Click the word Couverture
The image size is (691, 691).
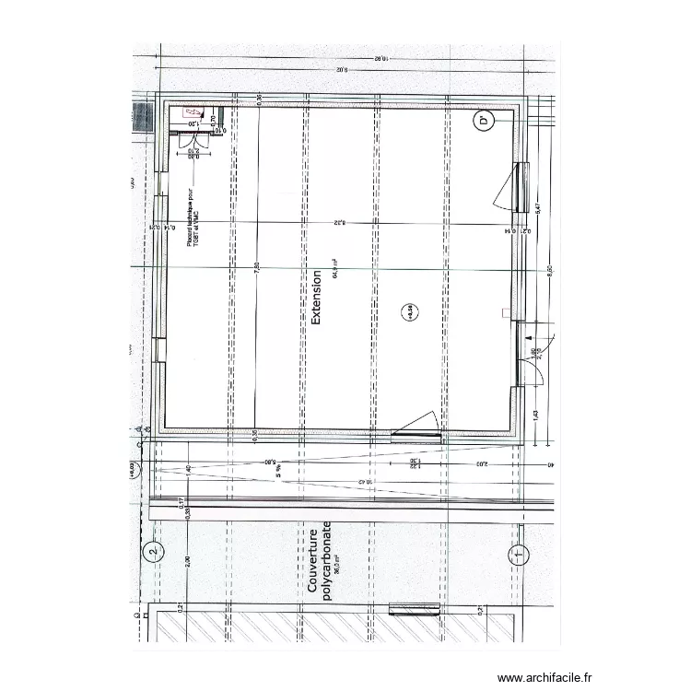[x=313, y=559]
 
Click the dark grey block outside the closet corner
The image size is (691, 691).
[x=143, y=119]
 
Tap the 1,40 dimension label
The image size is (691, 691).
[x=188, y=470]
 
